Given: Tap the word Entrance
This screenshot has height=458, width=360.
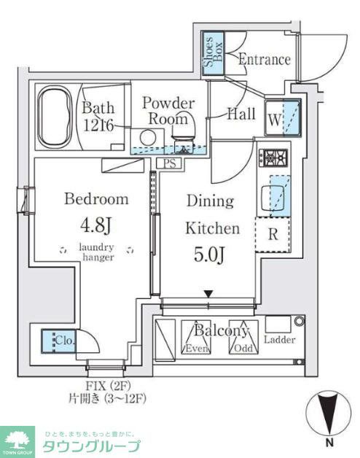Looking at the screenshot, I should click(x=264, y=60).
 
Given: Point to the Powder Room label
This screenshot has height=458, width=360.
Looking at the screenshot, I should click(x=168, y=110).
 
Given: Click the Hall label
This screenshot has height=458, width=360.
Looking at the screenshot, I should click(x=240, y=114).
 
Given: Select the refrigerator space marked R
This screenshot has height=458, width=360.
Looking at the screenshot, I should click(x=271, y=235).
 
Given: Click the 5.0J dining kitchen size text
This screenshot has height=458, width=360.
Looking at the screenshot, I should click(x=209, y=256).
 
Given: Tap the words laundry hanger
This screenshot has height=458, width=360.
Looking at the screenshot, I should click(x=96, y=252).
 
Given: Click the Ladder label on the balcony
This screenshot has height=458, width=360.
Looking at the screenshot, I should click(x=279, y=340).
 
